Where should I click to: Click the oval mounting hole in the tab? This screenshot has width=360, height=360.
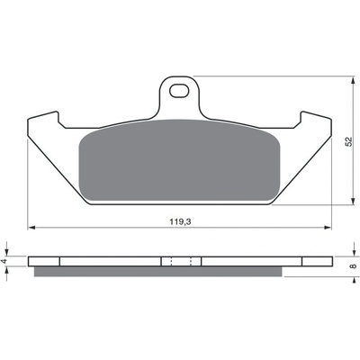coord(179,91)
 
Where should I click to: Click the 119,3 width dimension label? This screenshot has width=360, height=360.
coord(181,221)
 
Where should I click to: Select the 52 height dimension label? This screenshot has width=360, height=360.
coord(348,141)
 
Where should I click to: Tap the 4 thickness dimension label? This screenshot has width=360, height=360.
coord(4,261)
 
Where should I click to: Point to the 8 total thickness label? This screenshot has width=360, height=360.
coord(354,265)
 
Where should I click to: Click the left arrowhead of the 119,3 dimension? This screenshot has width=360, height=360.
coord(31,228)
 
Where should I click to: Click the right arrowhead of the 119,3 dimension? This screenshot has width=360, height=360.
coord(328,228)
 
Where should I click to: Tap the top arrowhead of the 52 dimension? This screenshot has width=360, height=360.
coord(352,80)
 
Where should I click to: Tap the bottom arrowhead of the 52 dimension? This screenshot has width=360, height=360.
coord(352,201)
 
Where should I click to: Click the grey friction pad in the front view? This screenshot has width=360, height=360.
coord(179,160)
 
